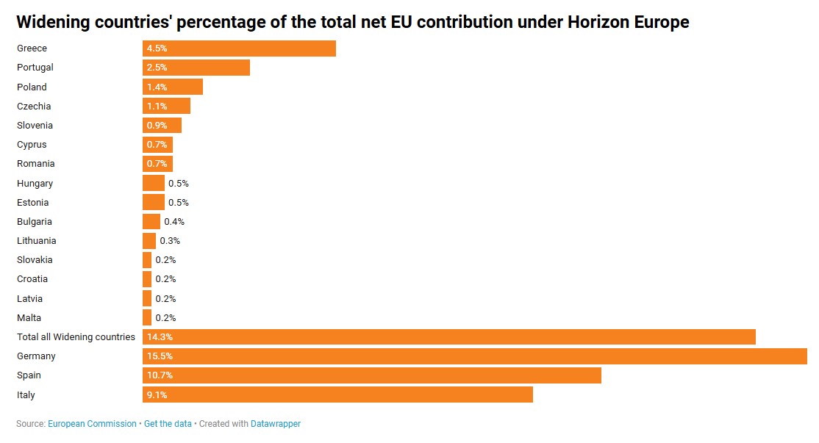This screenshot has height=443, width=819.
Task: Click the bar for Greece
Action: pyautogui.click(x=239, y=48)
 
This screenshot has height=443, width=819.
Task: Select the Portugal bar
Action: pyautogui.click(x=196, y=68)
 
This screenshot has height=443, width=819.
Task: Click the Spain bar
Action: pyautogui.click(x=371, y=375)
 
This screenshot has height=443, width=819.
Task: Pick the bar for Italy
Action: pyautogui.click(x=337, y=395)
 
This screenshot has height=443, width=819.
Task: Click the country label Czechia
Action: pyautogui.click(x=34, y=107)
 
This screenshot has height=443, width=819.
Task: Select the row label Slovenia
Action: pyautogui.click(x=35, y=126)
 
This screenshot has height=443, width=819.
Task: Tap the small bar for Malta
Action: pyautogui.click(x=147, y=318)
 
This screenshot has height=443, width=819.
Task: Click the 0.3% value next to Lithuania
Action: pyautogui.click(x=170, y=241)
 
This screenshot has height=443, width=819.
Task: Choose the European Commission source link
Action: pyautogui.click(x=92, y=424)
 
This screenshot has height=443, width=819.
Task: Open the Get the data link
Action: pyautogui.click(x=168, y=424)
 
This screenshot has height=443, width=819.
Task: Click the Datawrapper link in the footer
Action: pyautogui.click(x=276, y=424)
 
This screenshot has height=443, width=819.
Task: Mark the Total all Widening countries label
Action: pyautogui.click(x=76, y=337)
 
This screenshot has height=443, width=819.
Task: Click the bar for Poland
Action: pyautogui.click(x=173, y=87)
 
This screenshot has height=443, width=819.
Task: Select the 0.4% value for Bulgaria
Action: pyautogui.click(x=174, y=222)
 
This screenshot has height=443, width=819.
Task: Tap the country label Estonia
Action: pyautogui.click(x=32, y=203)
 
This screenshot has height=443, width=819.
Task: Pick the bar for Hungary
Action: pyautogui.click(x=154, y=183)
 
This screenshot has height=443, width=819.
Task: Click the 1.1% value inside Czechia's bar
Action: pyautogui.click(x=157, y=107)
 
